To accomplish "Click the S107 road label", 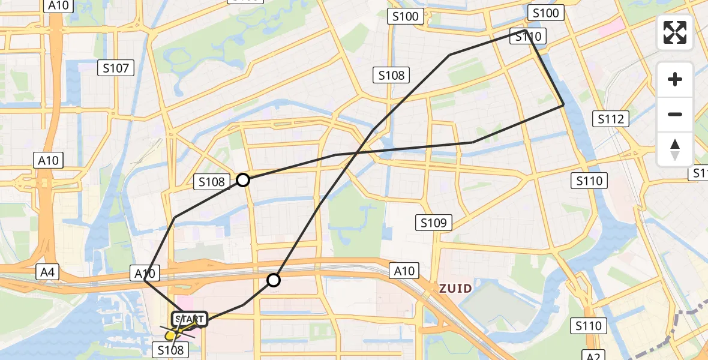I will coord(116,68).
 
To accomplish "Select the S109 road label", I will coord(434,224).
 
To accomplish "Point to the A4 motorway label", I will coord(47,272).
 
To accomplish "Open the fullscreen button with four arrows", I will coord(675,32).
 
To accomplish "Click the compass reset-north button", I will coord(675,149).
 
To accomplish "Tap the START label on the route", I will coord(190,319).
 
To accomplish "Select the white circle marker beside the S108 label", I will coord(243,179).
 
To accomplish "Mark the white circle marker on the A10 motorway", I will coord(274,280).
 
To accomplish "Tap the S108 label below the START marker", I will coord(170,349).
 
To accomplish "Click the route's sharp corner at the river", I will coord(563,105).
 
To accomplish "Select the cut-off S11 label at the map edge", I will coord(700,173).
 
